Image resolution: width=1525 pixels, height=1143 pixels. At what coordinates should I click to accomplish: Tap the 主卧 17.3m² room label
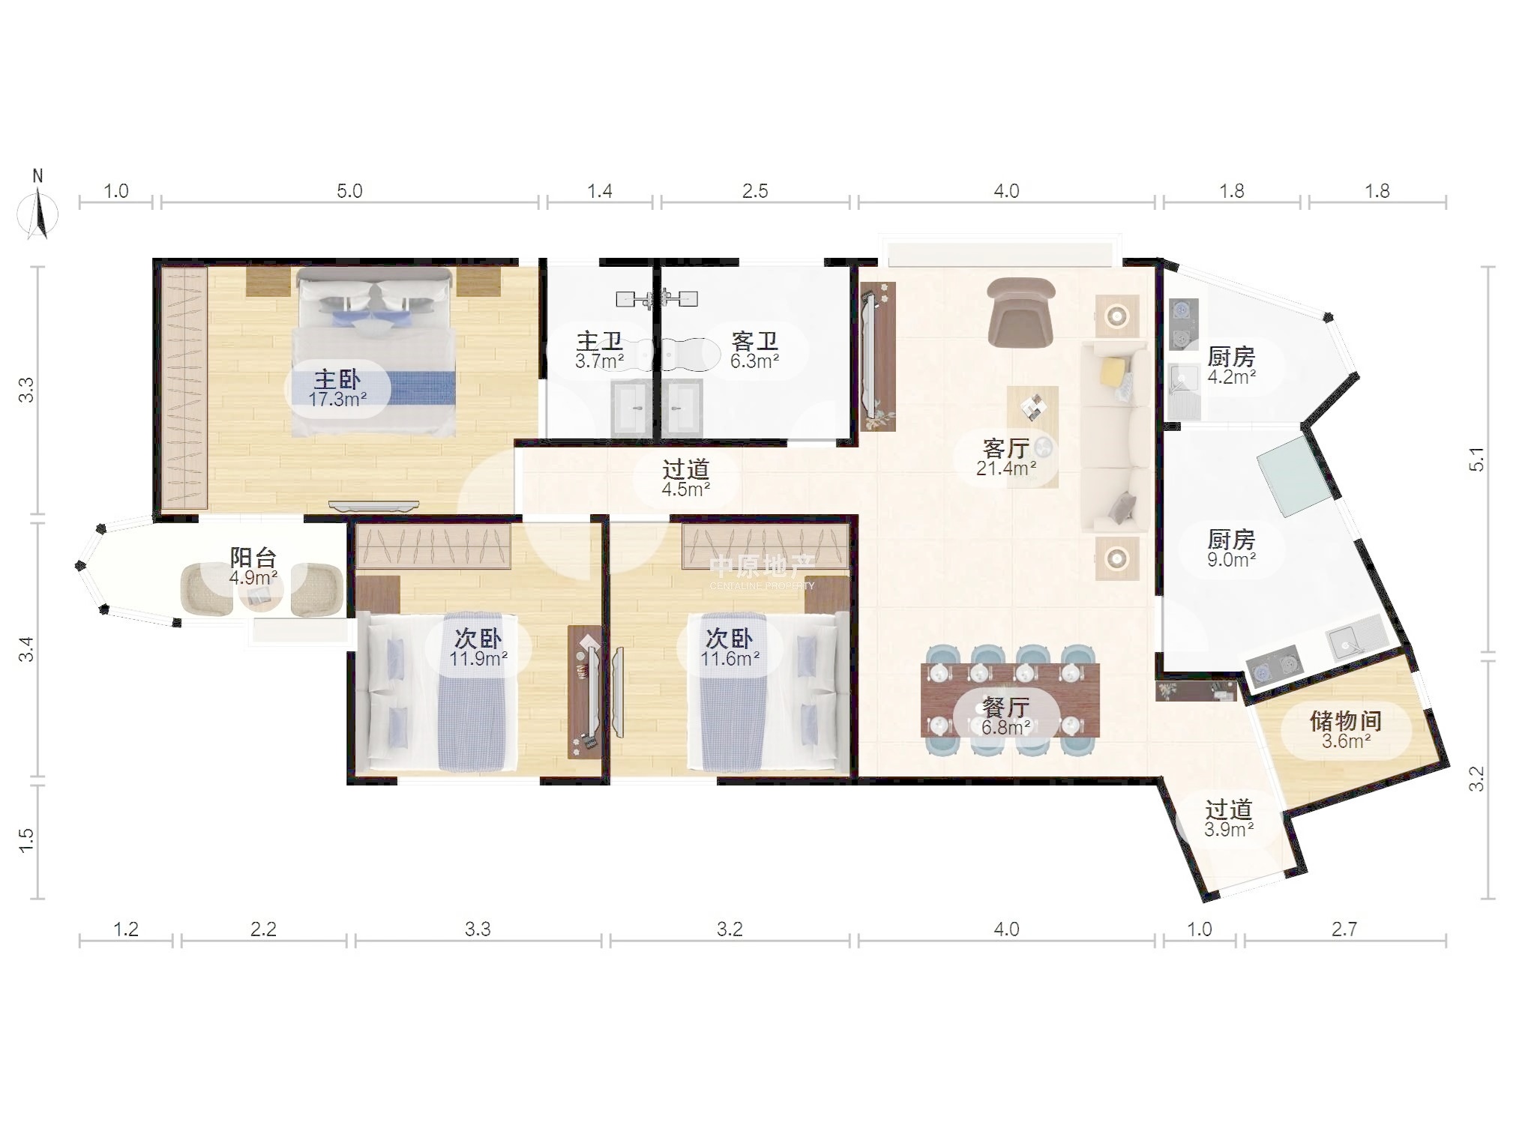[x=337, y=388]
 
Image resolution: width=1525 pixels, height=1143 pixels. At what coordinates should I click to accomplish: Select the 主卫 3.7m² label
[x=599, y=350]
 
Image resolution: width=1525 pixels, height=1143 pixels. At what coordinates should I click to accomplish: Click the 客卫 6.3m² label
[x=754, y=350]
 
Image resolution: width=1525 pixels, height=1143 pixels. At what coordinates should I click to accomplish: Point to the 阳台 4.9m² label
[x=253, y=567]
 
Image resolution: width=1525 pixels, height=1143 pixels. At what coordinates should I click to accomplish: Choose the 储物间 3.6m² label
[x=1346, y=730]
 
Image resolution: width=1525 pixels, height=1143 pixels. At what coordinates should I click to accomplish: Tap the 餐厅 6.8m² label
[x=1005, y=717]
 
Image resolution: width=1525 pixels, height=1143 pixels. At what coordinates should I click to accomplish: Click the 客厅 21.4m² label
[x=1005, y=457]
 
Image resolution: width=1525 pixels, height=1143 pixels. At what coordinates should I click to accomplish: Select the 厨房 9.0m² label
[x=1231, y=548]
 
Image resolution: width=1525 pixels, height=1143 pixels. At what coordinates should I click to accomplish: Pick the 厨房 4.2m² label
[x=1231, y=366]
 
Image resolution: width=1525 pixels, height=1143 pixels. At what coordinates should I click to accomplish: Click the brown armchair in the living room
[x=1020, y=313]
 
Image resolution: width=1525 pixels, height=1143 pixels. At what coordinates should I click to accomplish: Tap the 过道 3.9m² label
[x=1229, y=818]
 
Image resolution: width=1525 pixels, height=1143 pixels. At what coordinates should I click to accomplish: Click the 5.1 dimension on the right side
[x=1476, y=459]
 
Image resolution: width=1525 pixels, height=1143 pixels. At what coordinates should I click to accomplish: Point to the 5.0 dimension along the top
[x=349, y=191]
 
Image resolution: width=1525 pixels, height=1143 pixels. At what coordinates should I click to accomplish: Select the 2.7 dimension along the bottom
[x=1344, y=929]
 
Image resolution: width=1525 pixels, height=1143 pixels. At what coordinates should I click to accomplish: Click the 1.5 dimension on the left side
[x=26, y=840]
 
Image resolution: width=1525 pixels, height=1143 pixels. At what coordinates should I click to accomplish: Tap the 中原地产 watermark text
[x=762, y=566]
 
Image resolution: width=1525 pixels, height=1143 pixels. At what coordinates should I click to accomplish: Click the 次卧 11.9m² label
[x=478, y=648]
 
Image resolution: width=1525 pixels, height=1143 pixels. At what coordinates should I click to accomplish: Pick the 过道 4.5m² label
[x=685, y=478]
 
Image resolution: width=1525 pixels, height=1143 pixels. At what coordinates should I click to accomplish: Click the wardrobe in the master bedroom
[x=184, y=387]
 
